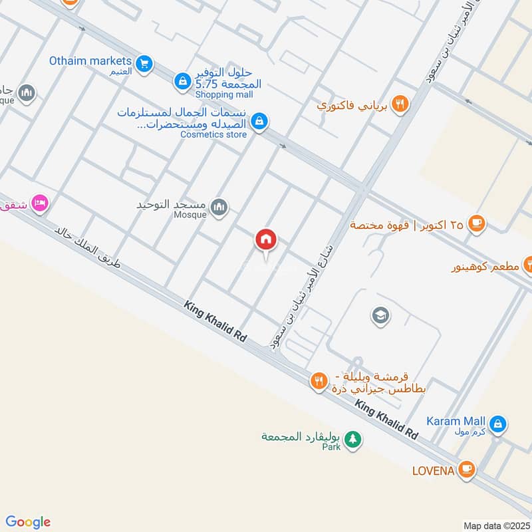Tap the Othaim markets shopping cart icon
coord(143,64)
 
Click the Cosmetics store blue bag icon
coord(260,121)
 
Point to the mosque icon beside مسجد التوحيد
coord(218,209)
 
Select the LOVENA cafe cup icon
coord(467,469)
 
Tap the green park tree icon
coord(354,439)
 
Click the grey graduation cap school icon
coord(380,314)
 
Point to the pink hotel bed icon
coord(40,203)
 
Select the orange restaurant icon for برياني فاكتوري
coord(400,103)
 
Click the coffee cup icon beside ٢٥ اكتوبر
coord(476,224)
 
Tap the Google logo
coord(28,522)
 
